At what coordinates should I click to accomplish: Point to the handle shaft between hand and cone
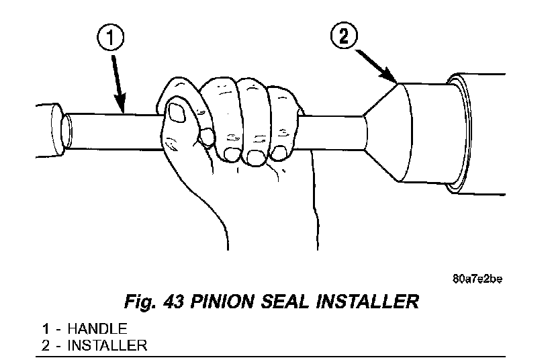click(x=332, y=132)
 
